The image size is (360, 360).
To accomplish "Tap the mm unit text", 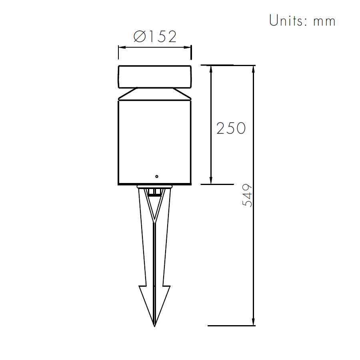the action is coord(324,22).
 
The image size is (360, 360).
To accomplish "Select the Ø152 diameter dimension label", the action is coord(155,36).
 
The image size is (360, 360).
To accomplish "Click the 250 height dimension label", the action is coord(231,128).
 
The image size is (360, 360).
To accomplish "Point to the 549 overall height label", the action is coord(247,195).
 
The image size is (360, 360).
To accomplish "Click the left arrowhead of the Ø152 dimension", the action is coord(122,47).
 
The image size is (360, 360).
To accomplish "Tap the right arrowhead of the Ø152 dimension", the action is coord(187,47).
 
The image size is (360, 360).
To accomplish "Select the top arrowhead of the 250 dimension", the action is coord(211,69).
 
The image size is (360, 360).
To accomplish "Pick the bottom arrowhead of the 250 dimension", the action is coord(211,180).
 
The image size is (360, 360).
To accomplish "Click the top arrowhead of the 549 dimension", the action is coord(253,69).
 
